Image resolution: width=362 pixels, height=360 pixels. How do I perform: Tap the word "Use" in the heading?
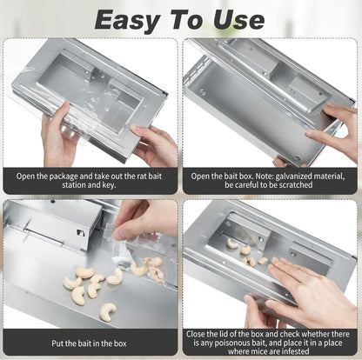pyautogui.click(x=245, y=18)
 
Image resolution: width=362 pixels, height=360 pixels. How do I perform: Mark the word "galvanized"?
pyautogui.click(x=301, y=175)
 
